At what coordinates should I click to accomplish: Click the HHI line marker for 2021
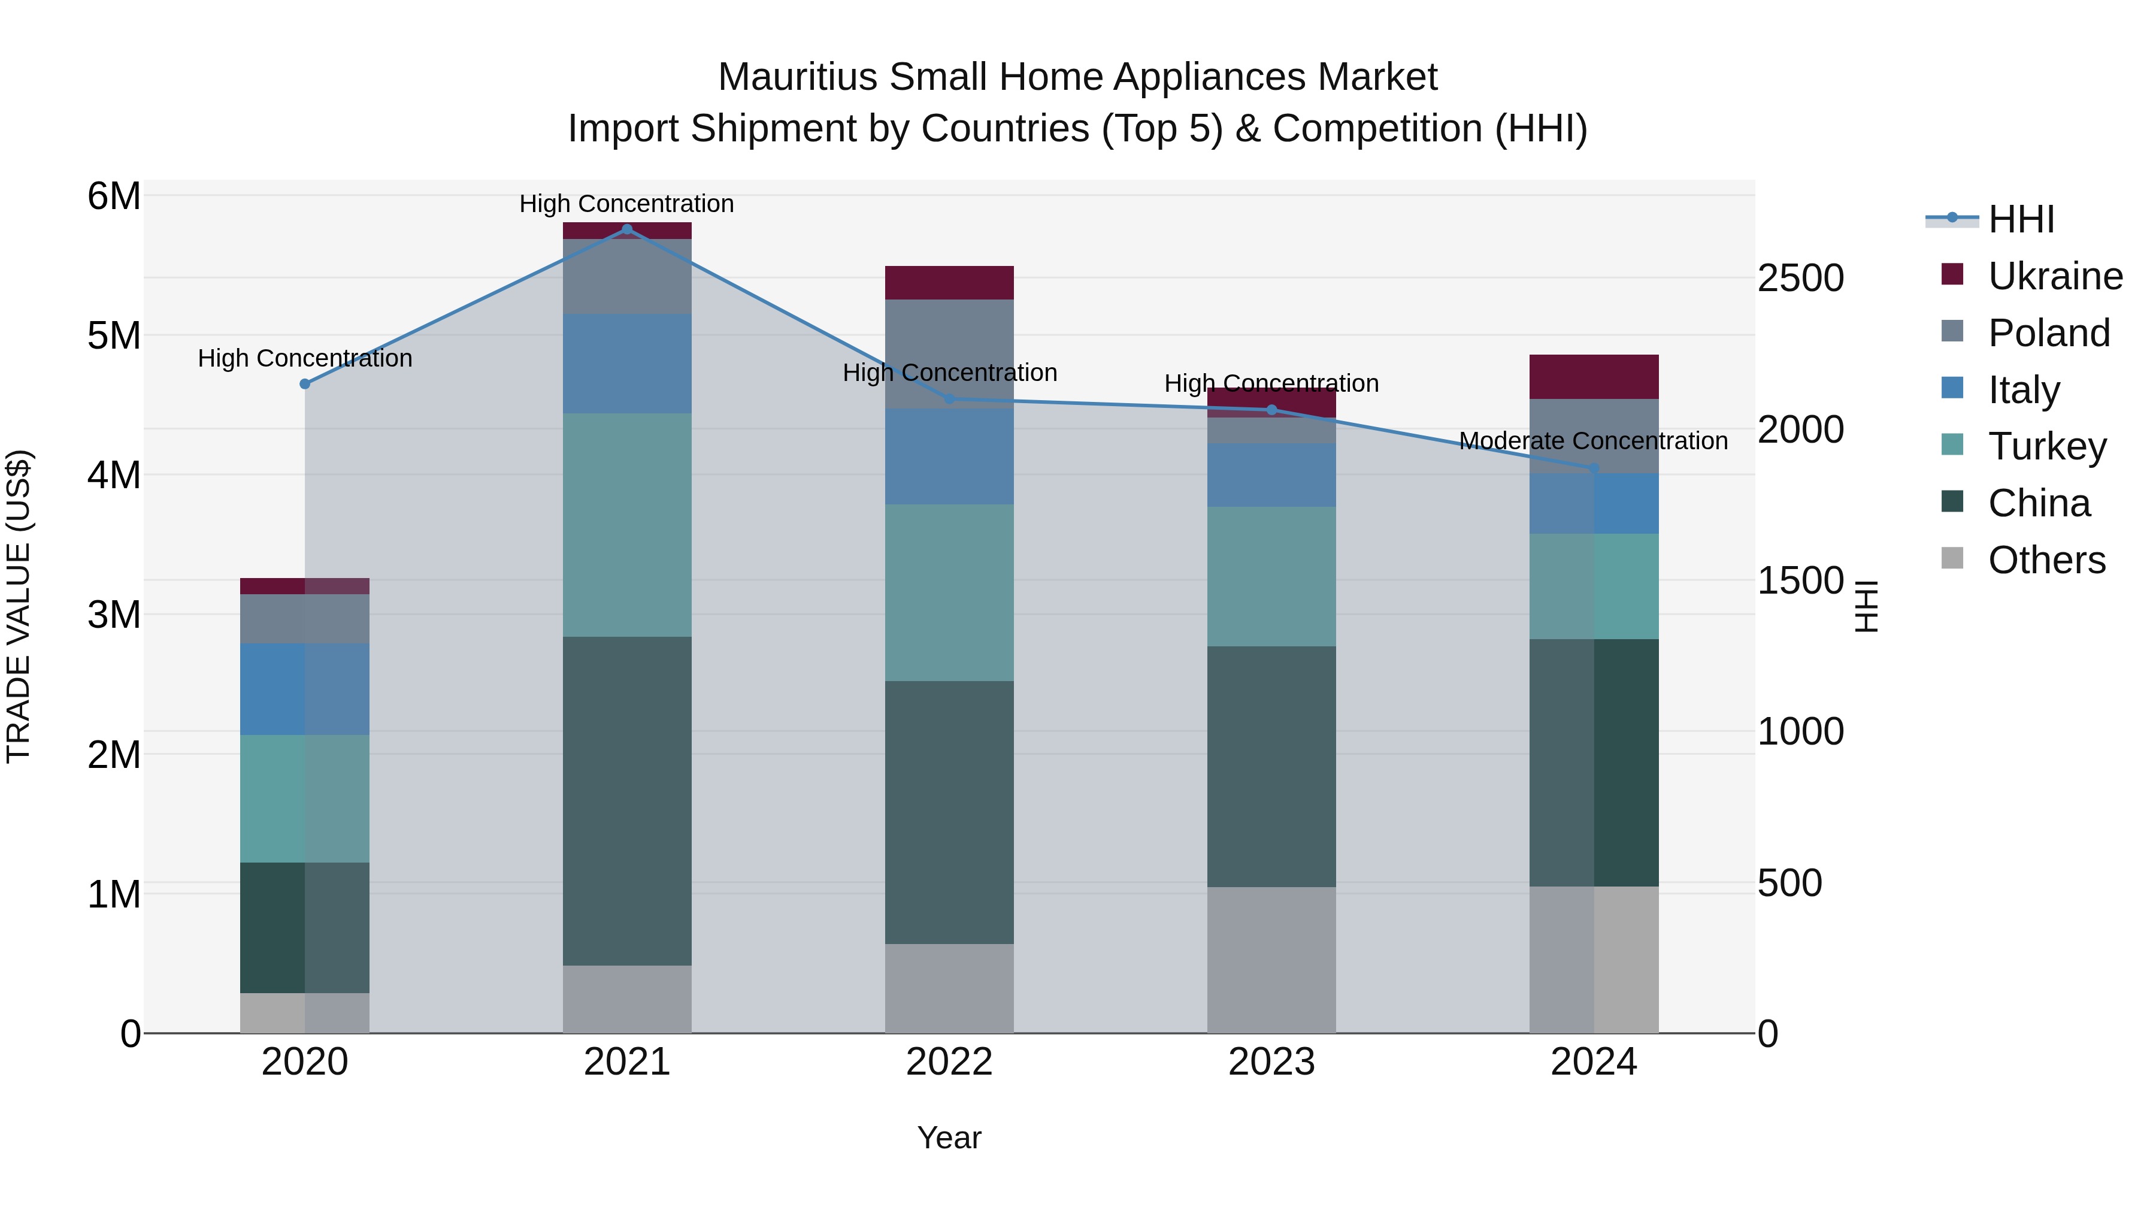627,229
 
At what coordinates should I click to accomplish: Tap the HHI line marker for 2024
1594,469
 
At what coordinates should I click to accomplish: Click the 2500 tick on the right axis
1800,278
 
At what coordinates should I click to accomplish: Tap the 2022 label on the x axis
949,1062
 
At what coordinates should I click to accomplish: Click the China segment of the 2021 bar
627,800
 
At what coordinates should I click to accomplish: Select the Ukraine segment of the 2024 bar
1594,377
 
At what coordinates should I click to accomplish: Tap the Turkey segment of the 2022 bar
949,592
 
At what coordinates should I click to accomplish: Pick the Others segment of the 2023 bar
1271,960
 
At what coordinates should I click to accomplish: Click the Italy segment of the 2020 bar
305,689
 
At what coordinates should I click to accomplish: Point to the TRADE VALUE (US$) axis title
19,606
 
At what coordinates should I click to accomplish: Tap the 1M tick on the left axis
114,894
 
